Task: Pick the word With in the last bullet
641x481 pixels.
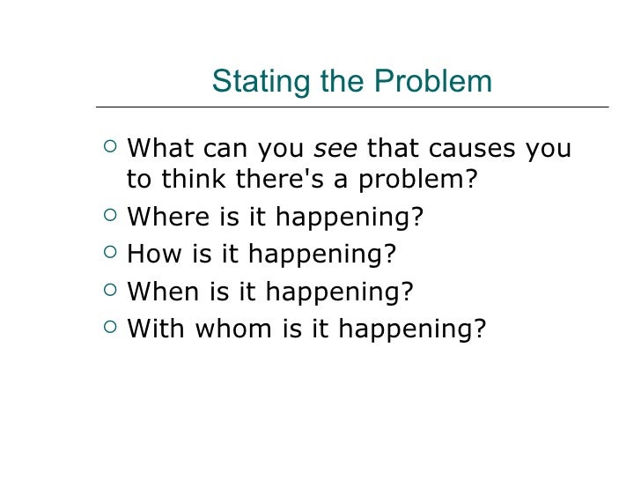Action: (156, 329)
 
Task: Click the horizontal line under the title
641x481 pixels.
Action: (352, 107)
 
